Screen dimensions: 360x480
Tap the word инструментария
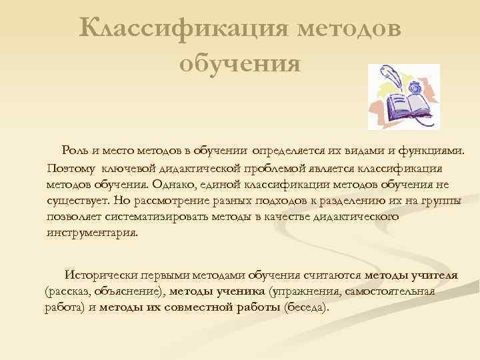point(93,233)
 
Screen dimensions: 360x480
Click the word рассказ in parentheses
point(69,291)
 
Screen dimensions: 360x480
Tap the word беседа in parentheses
point(305,307)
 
